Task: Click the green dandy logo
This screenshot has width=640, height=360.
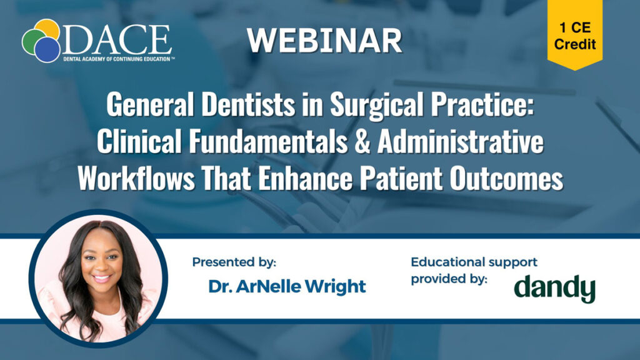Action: click(554, 287)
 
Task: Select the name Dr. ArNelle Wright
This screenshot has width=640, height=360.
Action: click(287, 287)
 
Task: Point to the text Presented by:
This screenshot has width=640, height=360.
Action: click(234, 262)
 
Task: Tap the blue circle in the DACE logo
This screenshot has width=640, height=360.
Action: click(47, 49)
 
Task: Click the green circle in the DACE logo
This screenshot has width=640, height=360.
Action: click(31, 41)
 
